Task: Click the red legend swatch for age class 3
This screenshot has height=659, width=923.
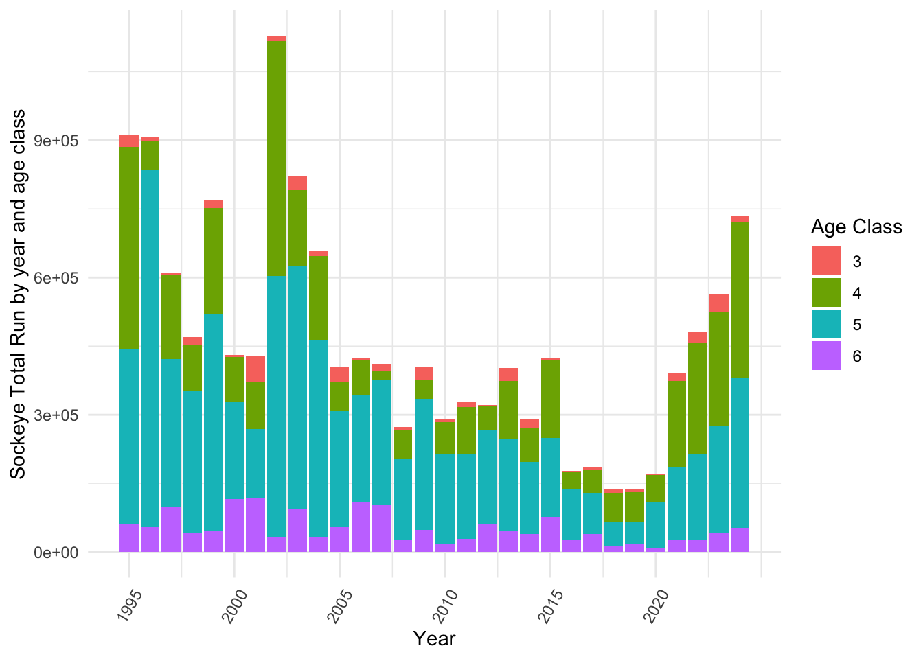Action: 826,262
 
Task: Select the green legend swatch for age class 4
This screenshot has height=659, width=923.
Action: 826,293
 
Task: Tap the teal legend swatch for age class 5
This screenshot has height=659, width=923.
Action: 826,325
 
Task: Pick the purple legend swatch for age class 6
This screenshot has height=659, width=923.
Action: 826,356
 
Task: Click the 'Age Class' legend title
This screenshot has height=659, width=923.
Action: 856,227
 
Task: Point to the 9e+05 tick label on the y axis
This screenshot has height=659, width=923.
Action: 56,141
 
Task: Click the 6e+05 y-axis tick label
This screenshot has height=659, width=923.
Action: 56,278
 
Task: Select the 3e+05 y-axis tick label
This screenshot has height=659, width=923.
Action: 56,415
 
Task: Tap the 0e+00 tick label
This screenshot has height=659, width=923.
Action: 56,553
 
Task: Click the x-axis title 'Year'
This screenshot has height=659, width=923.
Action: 434,639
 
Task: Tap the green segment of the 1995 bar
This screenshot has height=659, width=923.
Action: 129,248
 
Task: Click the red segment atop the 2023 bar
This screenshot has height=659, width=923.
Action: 719,303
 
